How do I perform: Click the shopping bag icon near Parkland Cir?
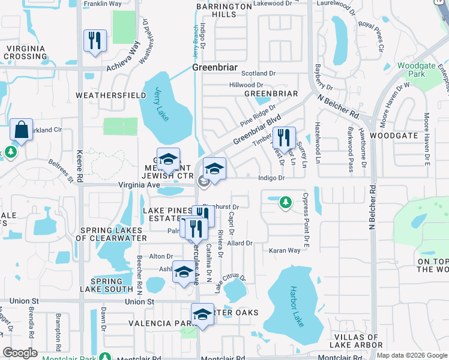coord(21,130)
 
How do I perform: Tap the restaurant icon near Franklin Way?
coord(95,41)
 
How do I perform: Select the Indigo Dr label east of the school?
coord(271,178)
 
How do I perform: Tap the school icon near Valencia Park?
coord(203,315)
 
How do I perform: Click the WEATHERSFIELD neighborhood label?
coord(111,95)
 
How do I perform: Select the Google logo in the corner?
coord(20,353)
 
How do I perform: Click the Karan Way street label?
coord(284,250)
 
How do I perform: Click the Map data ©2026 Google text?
coord(411,355)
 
